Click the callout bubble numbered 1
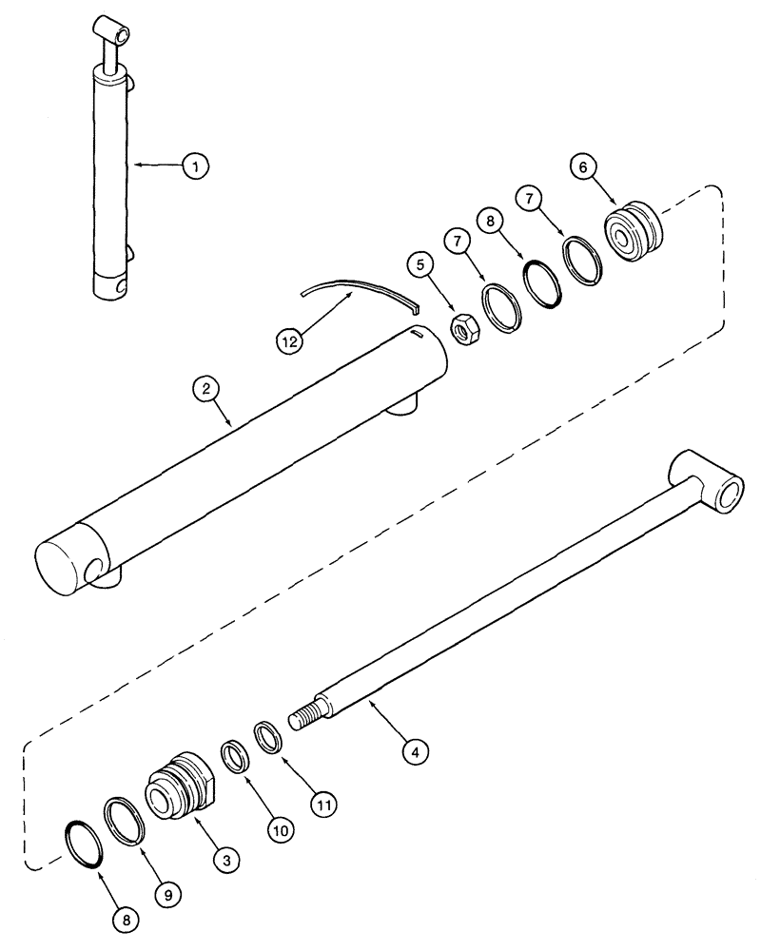194,165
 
